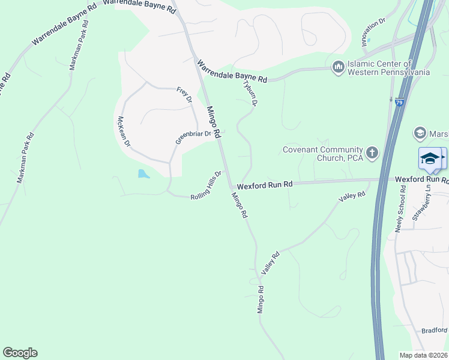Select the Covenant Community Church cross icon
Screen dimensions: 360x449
(x=372, y=152)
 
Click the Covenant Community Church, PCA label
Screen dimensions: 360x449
(x=324, y=154)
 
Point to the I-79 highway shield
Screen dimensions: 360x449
(x=400, y=103)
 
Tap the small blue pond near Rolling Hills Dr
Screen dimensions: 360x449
(x=143, y=174)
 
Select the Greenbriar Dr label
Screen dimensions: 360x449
(x=193, y=137)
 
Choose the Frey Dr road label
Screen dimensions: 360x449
(x=184, y=94)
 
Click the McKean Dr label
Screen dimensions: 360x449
(x=124, y=131)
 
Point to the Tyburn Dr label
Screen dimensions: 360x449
(x=250, y=93)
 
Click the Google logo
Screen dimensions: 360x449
(x=20, y=353)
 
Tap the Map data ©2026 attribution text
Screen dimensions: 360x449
(x=423, y=355)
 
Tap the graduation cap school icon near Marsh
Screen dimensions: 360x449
(x=429, y=158)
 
